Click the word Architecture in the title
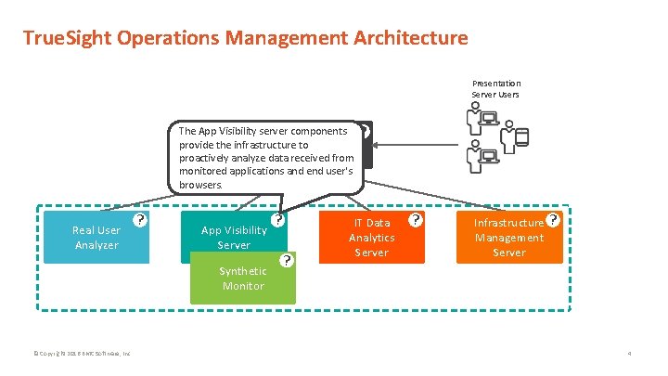pos(411,38)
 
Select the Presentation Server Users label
pos(496,88)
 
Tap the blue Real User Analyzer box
pos(96,238)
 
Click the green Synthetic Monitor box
pos(242,279)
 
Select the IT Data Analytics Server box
pos(371,238)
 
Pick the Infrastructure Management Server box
pos(509,238)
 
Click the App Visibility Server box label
pos(233,238)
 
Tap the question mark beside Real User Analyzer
pos(139,221)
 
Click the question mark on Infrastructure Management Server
pos(554,220)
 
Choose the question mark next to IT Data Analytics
pos(416,220)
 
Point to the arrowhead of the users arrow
pos(377,144)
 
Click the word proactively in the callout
pos(210,158)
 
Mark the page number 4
pos(628,354)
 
